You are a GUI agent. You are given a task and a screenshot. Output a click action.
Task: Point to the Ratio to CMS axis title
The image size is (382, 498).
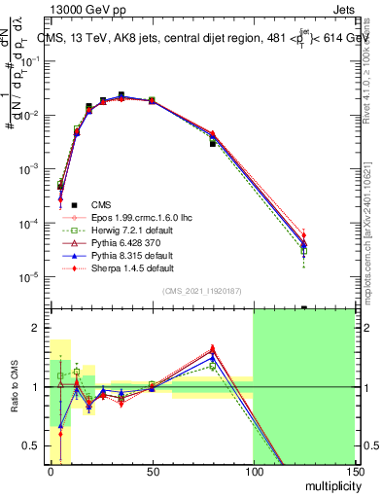point(13,387)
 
